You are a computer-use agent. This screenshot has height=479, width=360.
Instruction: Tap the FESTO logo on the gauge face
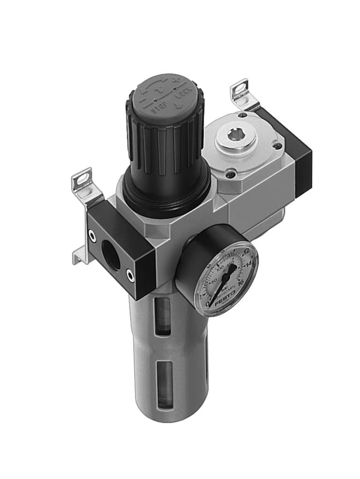coord(225,301)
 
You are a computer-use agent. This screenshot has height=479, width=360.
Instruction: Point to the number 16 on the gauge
coord(241,282)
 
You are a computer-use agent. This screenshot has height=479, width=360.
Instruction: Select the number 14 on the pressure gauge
coord(249,265)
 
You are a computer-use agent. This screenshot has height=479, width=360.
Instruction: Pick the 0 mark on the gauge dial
coord(208,304)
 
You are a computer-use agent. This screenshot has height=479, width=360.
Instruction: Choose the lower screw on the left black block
coord(130,278)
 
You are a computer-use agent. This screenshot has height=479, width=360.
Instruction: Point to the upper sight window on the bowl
coord(163,317)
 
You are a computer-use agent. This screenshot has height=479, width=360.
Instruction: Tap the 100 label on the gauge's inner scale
coord(220,270)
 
